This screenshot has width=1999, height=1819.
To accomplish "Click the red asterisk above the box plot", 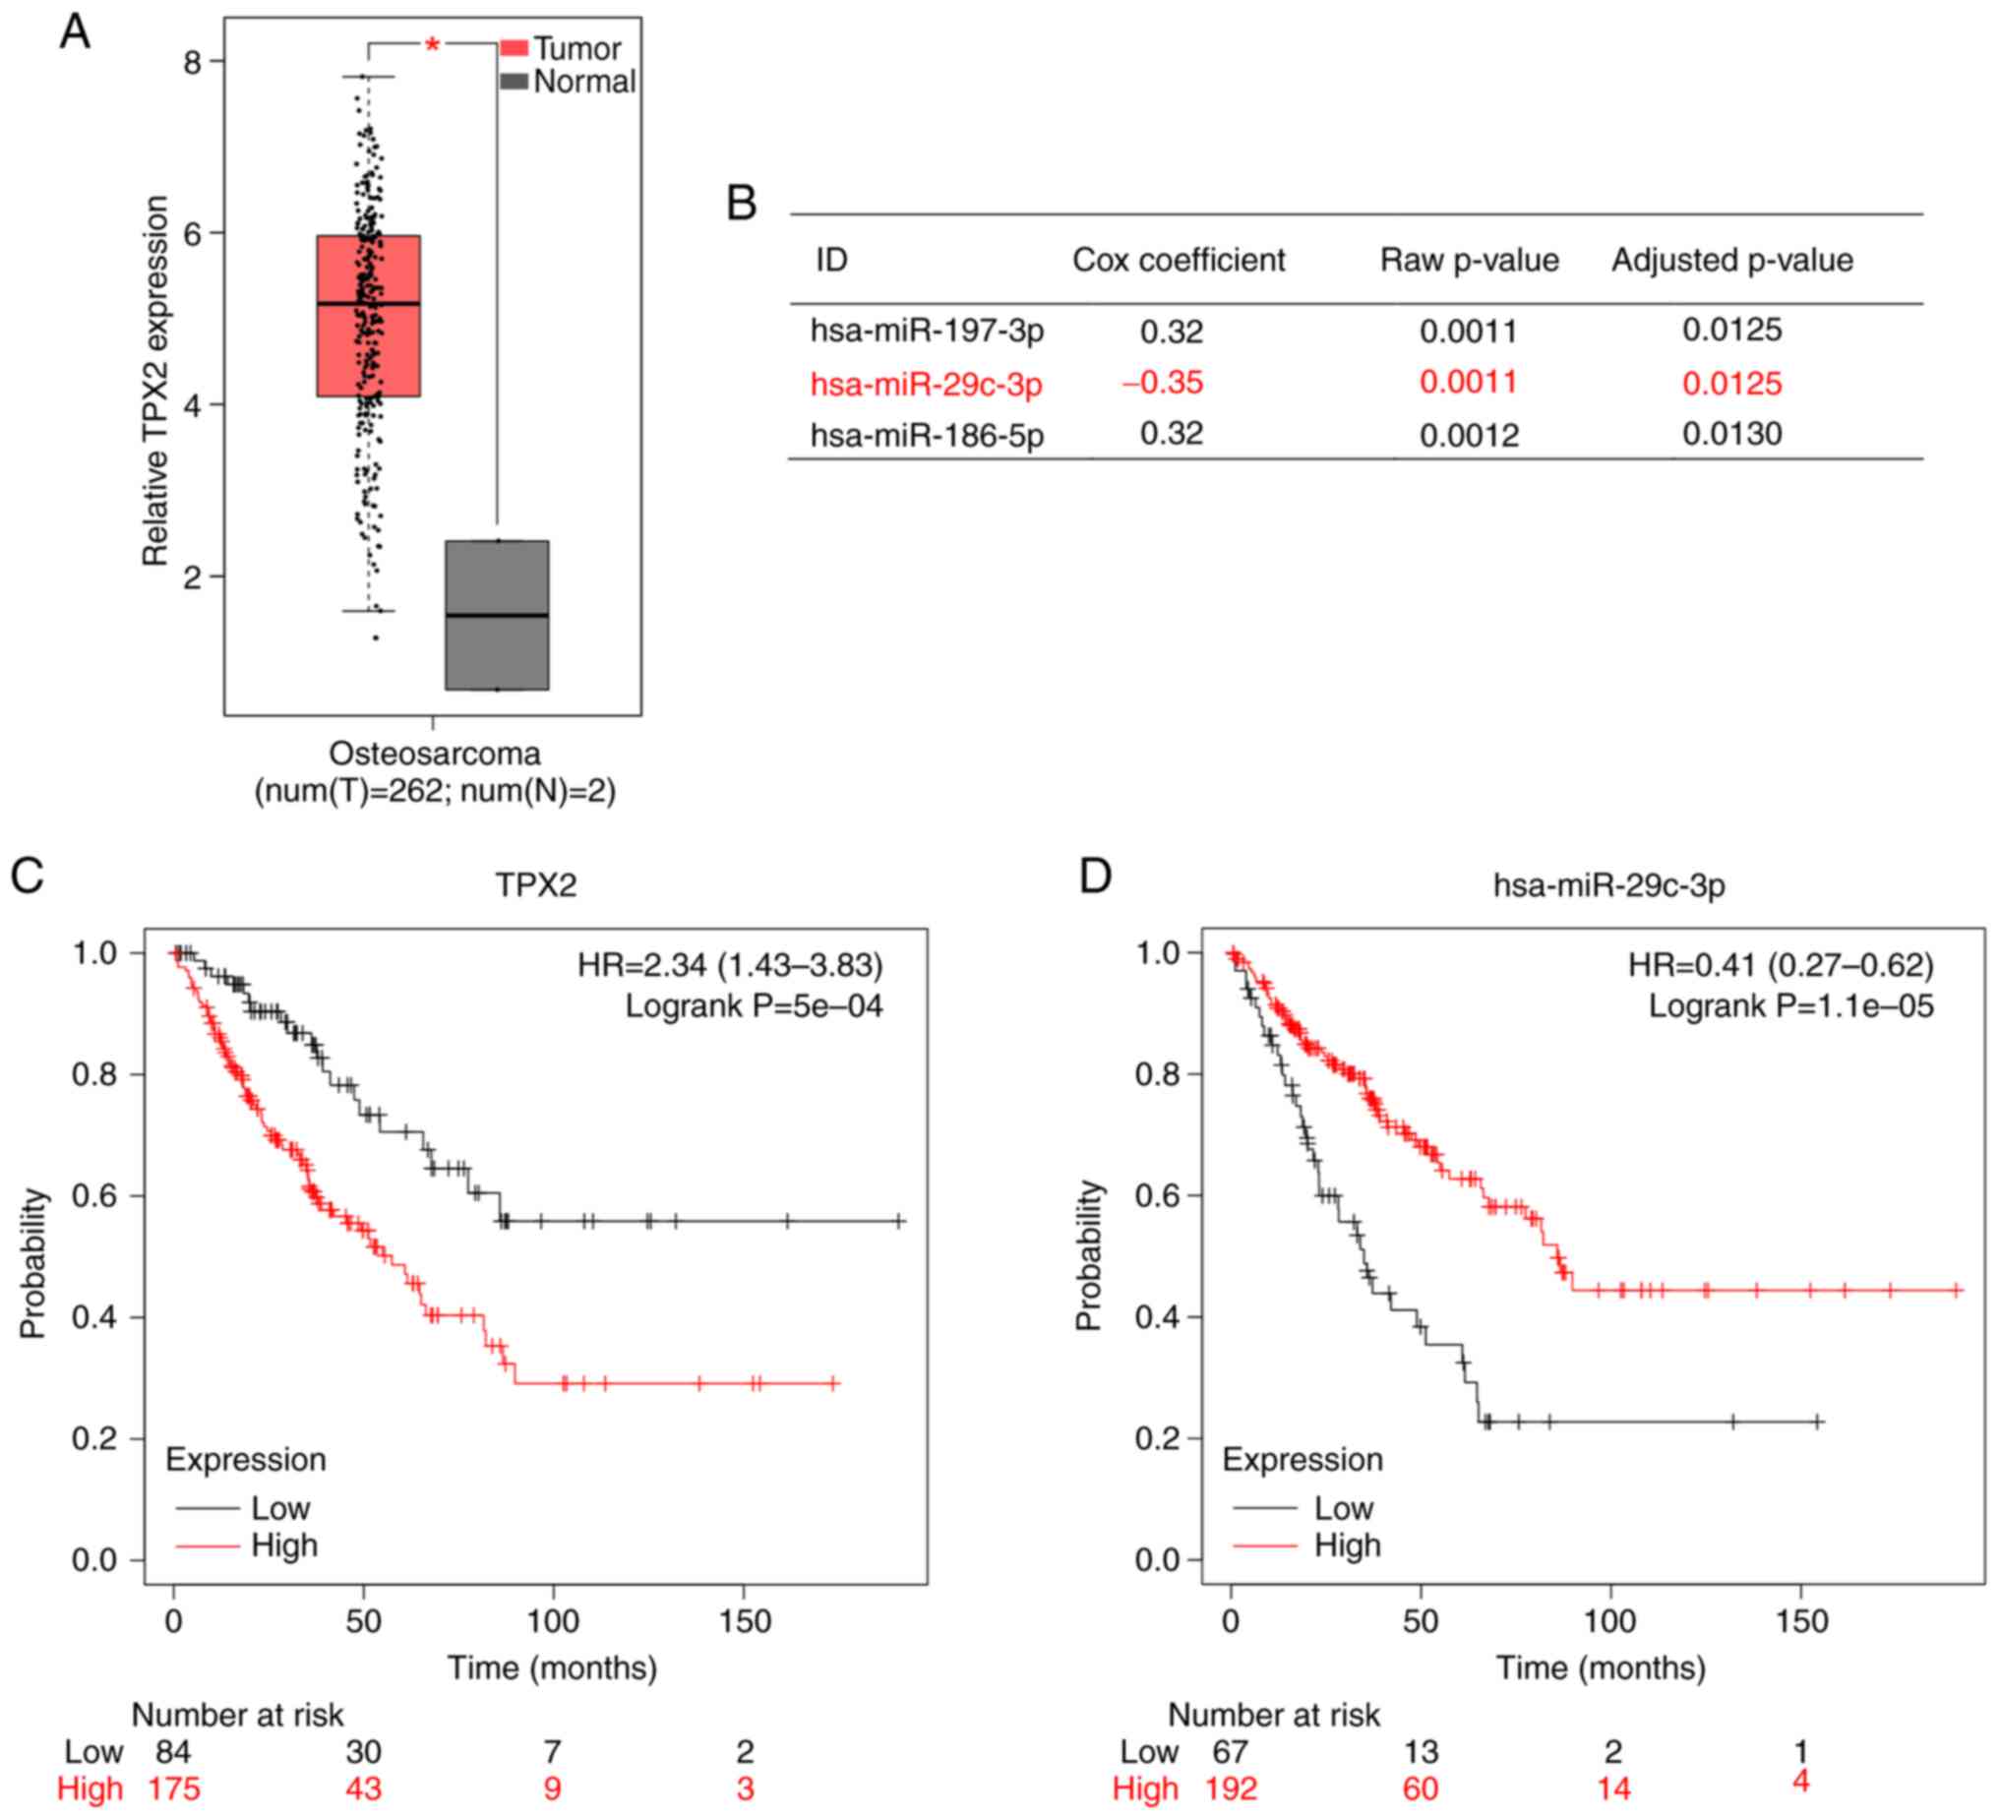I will click(432, 44).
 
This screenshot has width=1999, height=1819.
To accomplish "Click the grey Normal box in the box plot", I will click(497, 615).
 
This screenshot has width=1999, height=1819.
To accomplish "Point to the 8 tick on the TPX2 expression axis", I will click(192, 62).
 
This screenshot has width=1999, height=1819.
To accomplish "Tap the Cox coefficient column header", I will click(1178, 260).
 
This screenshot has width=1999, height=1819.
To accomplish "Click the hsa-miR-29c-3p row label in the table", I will click(926, 384).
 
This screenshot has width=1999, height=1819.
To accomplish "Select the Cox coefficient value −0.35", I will click(1162, 382).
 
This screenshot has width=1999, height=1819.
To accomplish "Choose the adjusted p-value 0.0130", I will click(1731, 434).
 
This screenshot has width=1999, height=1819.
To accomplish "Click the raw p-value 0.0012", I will click(1469, 436).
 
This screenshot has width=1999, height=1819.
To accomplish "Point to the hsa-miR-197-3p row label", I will click(926, 331).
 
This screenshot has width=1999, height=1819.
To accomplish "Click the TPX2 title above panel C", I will click(535, 883).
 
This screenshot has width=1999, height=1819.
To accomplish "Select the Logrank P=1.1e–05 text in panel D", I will click(1790, 1005).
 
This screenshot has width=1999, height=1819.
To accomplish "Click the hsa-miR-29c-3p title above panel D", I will click(1608, 883).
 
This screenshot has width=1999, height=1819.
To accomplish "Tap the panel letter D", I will click(1095, 877).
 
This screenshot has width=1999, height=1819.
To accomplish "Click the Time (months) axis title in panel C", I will click(551, 1667).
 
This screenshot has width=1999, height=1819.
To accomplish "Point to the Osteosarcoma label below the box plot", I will click(434, 754).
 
